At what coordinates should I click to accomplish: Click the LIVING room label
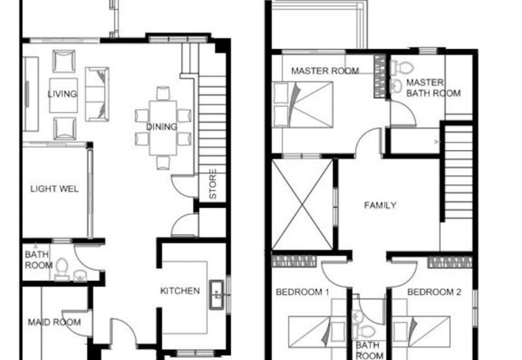62,94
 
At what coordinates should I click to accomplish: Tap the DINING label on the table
162,127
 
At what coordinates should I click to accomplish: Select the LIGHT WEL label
55,189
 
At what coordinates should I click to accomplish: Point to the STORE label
213,184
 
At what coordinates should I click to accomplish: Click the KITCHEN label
180,291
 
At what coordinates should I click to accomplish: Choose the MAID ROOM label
54,322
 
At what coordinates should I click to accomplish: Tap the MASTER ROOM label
325,71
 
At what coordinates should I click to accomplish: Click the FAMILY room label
380,205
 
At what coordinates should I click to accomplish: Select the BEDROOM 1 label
303,292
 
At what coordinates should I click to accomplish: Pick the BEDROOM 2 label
435,292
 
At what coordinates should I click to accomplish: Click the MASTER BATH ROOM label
433,88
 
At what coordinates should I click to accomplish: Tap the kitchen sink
217,295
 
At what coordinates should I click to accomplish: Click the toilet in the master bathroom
401,68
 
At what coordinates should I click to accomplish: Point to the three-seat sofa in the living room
97,94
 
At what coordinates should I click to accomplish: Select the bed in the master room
303,105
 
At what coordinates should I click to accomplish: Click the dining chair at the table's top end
163,93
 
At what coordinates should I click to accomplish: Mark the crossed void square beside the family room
302,205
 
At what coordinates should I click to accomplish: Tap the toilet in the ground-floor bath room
62,269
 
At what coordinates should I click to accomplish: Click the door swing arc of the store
183,187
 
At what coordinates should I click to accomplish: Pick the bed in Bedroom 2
421,332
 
